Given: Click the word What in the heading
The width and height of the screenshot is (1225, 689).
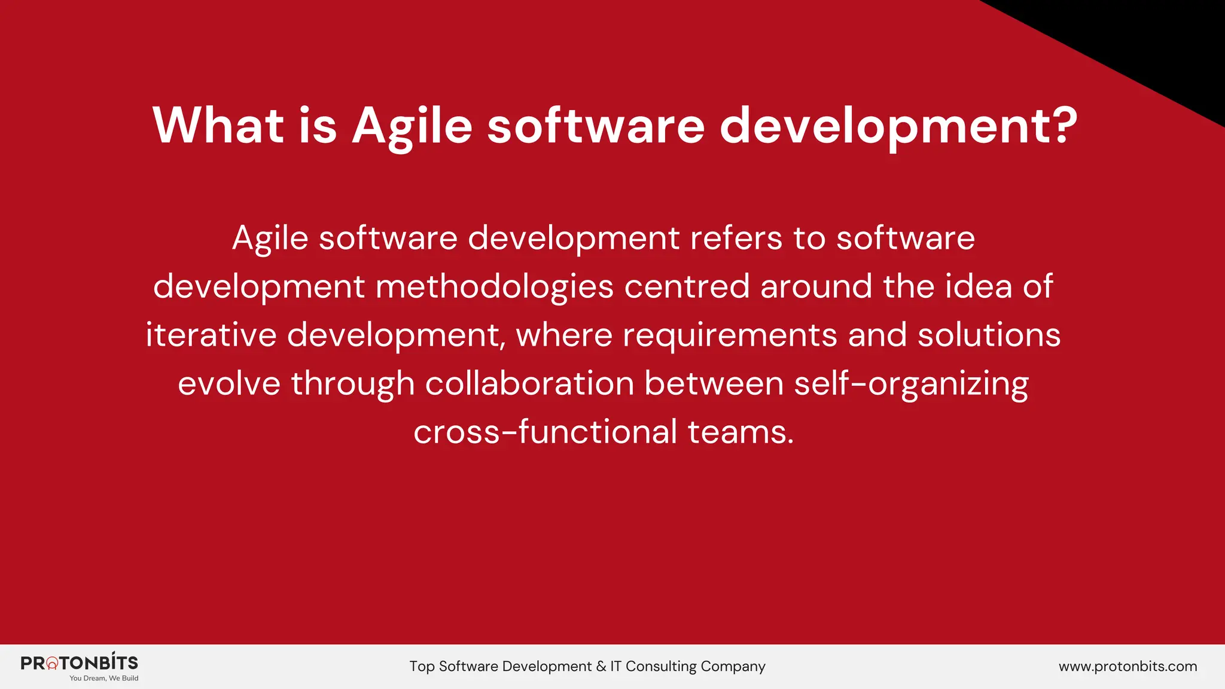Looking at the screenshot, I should tap(218, 126).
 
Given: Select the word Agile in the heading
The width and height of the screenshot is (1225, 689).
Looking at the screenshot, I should tap(412, 127).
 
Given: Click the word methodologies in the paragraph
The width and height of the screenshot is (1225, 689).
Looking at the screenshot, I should tap(494, 287).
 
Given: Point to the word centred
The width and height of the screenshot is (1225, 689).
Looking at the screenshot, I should tap(687, 286).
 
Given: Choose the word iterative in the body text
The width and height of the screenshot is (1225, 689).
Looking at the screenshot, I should tap(211, 334).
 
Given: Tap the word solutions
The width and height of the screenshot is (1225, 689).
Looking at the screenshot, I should tap(989, 334).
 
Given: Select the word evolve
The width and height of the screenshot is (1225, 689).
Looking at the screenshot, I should tap(228, 383).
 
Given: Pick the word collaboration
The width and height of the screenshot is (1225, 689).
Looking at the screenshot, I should tap(529, 383).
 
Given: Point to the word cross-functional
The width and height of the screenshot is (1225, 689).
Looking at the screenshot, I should tap(545, 432).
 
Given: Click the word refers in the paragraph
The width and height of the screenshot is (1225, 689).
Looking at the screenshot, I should tap(736, 238).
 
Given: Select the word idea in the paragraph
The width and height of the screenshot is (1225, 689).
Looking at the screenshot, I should tap(979, 286).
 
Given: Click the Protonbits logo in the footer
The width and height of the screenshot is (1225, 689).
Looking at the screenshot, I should tap(79, 663).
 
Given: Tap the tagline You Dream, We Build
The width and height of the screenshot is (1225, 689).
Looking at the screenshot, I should tap(103, 678).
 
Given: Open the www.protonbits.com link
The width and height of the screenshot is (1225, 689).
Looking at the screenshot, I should tap(1128, 666).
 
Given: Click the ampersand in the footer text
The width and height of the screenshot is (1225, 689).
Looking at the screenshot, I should tap(601, 666).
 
